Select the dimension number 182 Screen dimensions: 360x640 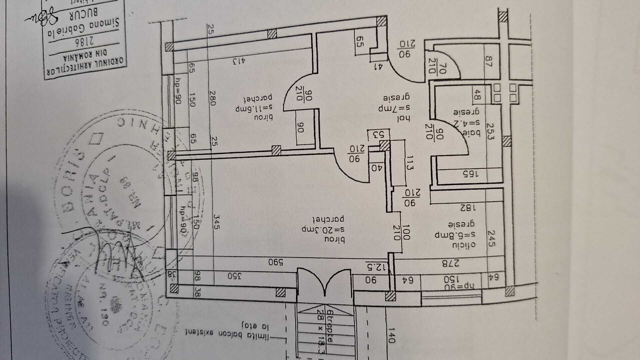463,208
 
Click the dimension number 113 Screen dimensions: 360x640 409,163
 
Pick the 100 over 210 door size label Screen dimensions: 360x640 401,232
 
